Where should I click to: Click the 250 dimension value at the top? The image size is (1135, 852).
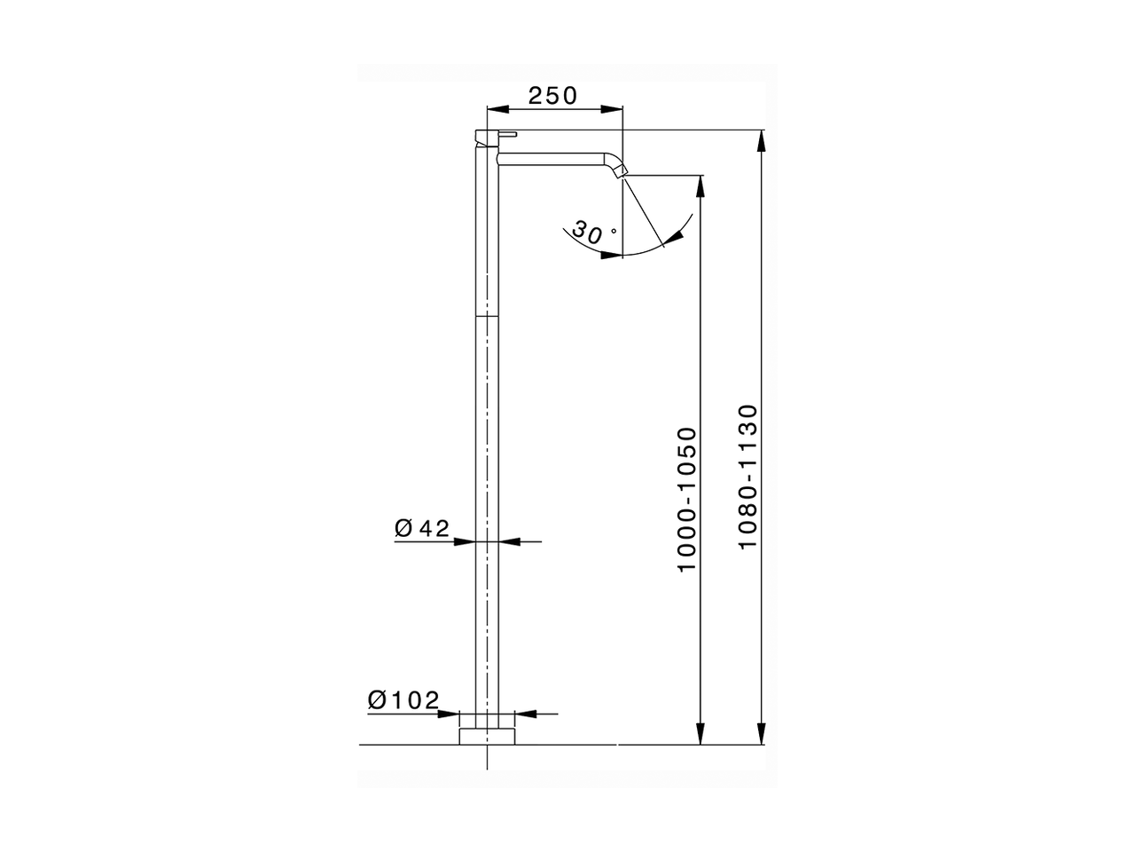click(552, 95)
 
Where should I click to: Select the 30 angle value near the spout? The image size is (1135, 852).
click(587, 233)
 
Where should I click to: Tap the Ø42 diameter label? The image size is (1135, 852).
click(422, 529)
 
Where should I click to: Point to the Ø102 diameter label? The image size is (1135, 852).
click(403, 700)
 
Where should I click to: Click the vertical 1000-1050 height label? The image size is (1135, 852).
click(688, 499)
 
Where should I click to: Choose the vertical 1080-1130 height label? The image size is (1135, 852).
click(748, 476)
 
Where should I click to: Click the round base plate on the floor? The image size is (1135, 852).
click(488, 736)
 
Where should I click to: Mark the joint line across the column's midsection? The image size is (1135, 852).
click(488, 316)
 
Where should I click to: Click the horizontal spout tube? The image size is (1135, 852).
click(554, 158)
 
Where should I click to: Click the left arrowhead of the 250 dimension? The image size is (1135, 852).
click(497, 109)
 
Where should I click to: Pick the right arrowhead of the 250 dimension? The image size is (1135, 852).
click(613, 109)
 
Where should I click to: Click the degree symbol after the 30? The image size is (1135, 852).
click(613, 229)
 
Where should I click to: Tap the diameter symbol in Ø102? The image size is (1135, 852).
click(376, 700)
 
